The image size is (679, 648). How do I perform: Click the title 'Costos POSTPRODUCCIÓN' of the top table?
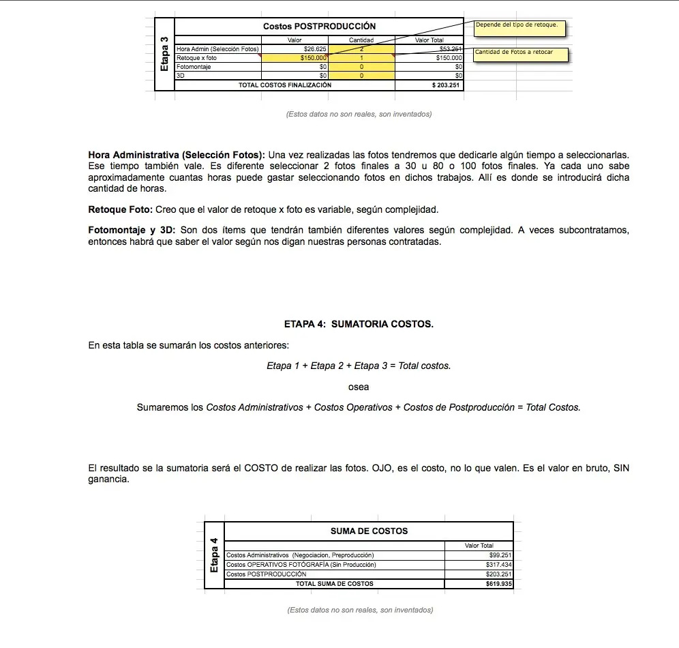tap(319, 27)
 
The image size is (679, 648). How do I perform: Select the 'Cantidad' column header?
tap(361, 40)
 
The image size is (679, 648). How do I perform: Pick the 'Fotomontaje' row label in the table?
tap(194, 67)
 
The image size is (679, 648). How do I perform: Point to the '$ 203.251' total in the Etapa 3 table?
tap(447, 85)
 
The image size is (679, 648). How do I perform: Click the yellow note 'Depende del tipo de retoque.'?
tap(516, 25)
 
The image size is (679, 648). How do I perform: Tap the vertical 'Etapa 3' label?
tap(164, 54)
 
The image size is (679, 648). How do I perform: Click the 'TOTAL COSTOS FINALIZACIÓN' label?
tap(285, 85)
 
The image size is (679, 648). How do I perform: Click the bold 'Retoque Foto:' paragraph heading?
tap(121, 209)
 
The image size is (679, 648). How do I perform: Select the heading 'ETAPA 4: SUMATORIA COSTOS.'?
tap(359, 324)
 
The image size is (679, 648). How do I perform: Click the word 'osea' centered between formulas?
tap(359, 387)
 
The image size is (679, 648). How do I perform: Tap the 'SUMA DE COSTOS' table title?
tap(369, 531)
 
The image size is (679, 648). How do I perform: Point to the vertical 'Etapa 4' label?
tap(214, 555)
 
